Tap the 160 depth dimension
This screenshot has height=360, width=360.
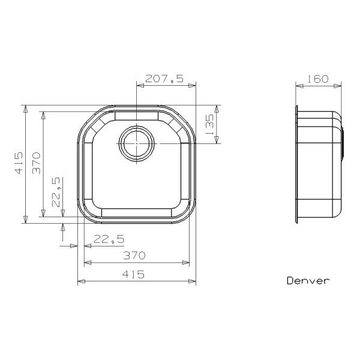[x=319, y=79]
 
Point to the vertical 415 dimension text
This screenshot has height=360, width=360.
[x=19, y=163]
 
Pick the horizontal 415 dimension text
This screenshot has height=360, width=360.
[x=133, y=274]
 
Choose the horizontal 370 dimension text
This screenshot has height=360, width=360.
[x=134, y=256]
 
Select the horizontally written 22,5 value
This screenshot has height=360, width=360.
[x=109, y=239]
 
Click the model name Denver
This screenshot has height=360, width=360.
[x=307, y=280]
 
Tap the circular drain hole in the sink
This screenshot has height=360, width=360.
[x=137, y=143]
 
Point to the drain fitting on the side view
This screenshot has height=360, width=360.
[x=343, y=144]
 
